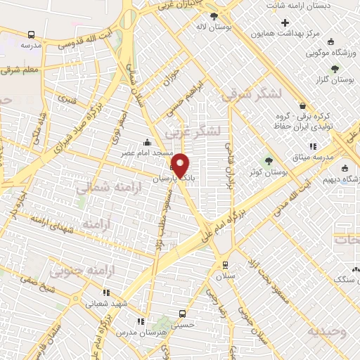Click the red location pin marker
tap(181, 165)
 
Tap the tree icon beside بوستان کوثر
tap(267, 162)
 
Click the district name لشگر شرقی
tap(251, 96)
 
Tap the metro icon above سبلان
tap(225, 264)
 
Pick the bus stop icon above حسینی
tap(183, 314)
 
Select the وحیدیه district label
tap(331, 330)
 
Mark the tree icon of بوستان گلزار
tap(334, 68)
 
